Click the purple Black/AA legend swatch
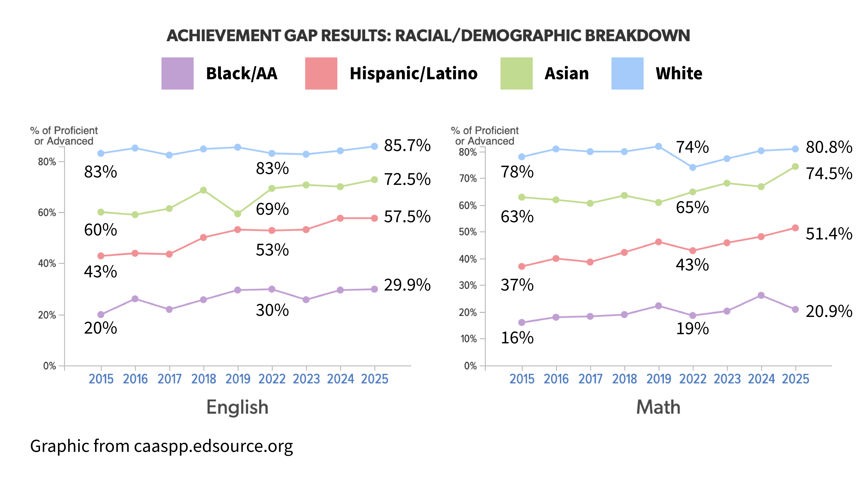(177, 73)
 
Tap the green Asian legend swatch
(516, 73)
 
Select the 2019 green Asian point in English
(238, 214)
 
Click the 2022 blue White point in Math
(693, 167)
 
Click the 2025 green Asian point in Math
(795, 167)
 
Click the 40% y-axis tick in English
(47, 263)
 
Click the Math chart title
(658, 407)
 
